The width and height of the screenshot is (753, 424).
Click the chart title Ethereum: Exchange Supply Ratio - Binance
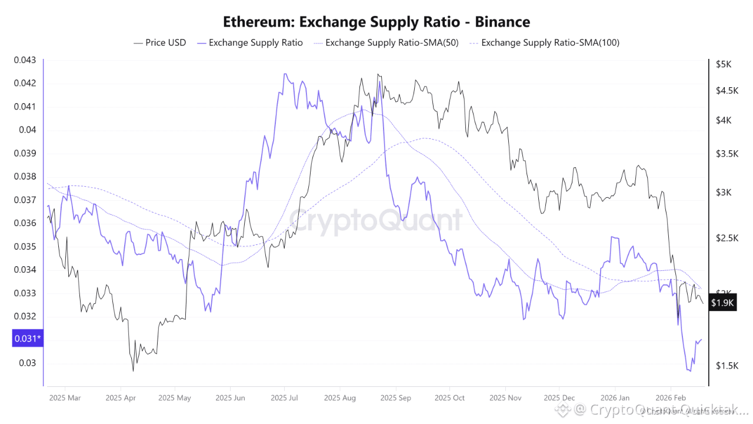coord(376,22)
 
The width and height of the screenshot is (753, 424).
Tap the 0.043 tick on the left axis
coord(25,60)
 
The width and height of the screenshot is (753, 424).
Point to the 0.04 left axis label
coord(28,130)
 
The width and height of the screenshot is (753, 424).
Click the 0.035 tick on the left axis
coord(25,246)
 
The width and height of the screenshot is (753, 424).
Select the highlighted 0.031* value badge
coord(27,339)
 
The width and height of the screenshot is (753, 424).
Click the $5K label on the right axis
coord(723,64)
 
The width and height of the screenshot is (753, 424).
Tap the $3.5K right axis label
coord(727,154)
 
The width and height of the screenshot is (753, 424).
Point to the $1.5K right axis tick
coord(727,366)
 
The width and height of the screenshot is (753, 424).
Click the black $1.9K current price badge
coord(722,303)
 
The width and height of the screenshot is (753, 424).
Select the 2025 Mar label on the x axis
coord(66,397)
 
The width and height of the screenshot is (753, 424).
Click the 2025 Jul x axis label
coord(284,397)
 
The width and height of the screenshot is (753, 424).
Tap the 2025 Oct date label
coord(449,397)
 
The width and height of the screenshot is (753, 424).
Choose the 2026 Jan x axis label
coord(616,397)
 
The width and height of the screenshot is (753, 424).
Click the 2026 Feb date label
coord(671,397)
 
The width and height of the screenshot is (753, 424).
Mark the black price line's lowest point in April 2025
coord(133,370)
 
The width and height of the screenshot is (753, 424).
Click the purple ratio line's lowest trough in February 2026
coord(689,371)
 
